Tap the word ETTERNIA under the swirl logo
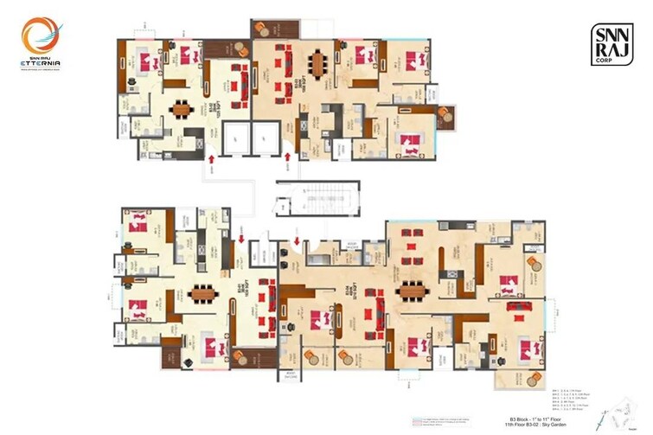point(40,61)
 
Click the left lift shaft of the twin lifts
point(235,138)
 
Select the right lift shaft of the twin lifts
point(263,138)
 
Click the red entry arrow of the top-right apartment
point(288,159)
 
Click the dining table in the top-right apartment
point(322,63)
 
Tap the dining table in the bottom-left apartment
point(204,291)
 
